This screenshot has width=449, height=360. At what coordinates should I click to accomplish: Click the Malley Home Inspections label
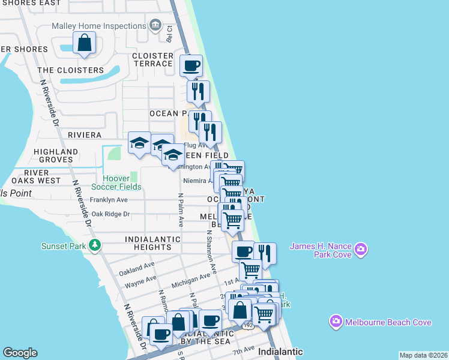coord(98,26)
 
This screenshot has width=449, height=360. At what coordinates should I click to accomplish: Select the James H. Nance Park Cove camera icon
coord(360,249)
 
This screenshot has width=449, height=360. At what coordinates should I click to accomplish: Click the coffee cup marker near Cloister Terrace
coord(191,65)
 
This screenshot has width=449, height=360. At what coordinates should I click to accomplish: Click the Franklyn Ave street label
coord(109,200)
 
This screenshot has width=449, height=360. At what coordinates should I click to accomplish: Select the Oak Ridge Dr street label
coord(109,214)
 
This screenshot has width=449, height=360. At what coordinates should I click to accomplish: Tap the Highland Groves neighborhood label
coord(56,155)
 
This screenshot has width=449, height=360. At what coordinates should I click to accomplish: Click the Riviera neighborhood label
coord(85,135)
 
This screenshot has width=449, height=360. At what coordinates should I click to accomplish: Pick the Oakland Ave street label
coord(137,270)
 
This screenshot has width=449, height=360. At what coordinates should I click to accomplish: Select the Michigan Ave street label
coord(190,280)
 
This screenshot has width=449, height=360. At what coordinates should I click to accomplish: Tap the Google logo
coord(20,353)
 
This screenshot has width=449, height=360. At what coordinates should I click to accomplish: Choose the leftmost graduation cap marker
coord(139,143)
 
